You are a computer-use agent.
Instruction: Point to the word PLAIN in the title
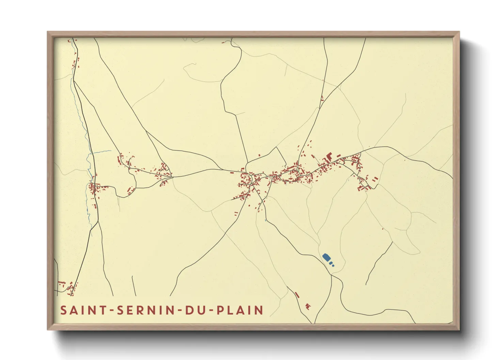tap(240, 310)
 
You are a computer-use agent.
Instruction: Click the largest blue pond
tap(326, 257)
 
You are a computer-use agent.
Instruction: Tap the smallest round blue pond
tap(333, 265)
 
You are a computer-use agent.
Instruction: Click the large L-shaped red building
tap(329, 157)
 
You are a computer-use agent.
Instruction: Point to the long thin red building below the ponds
tap(297, 295)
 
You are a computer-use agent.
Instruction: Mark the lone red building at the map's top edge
tap(223, 43)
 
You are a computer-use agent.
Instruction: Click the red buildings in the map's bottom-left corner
tap(66, 287)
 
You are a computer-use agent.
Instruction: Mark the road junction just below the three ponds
tap(332, 275)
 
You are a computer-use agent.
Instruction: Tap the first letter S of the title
tap(63, 310)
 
